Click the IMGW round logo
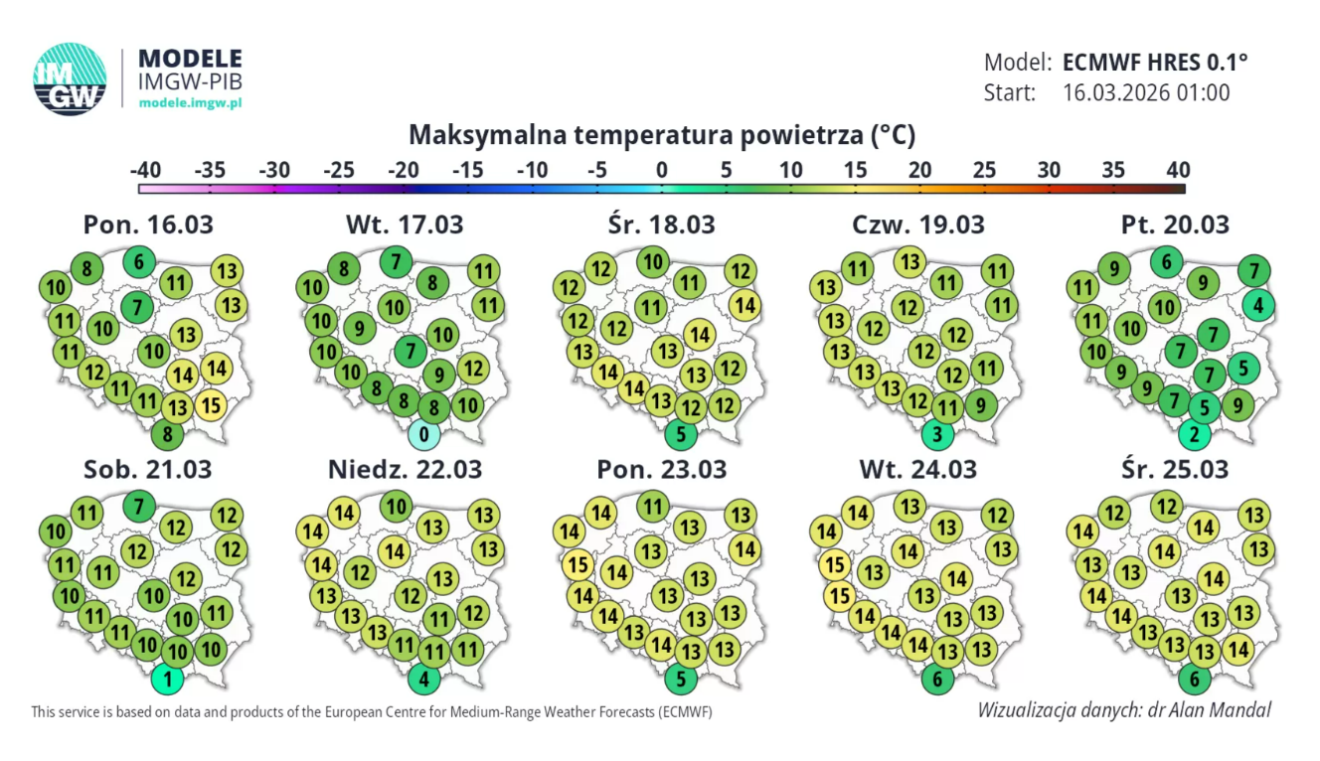[x=70, y=78]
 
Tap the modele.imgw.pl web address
[x=190, y=102]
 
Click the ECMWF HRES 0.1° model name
[x=1155, y=62]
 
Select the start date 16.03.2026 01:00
[x=1146, y=93]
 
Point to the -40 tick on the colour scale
[x=144, y=170]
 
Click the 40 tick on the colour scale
[x=1178, y=170]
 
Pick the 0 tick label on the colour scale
[x=662, y=170]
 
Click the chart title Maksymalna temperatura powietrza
[x=662, y=134]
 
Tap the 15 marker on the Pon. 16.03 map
[x=211, y=404]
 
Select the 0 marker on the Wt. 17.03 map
[x=424, y=434]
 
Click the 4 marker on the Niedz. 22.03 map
[x=424, y=682]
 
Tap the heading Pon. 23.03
[x=662, y=468]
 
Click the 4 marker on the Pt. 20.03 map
[x=1258, y=305]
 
